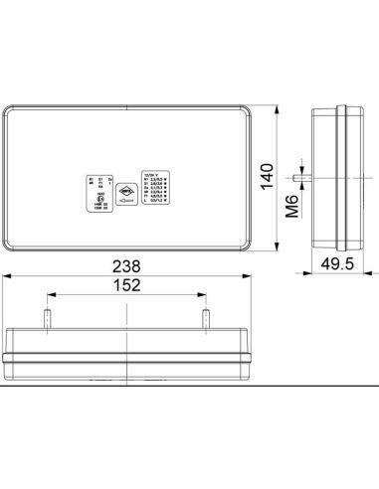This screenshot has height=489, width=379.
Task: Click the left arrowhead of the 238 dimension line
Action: [6, 276]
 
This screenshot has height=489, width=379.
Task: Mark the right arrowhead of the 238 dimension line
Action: [253, 276]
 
